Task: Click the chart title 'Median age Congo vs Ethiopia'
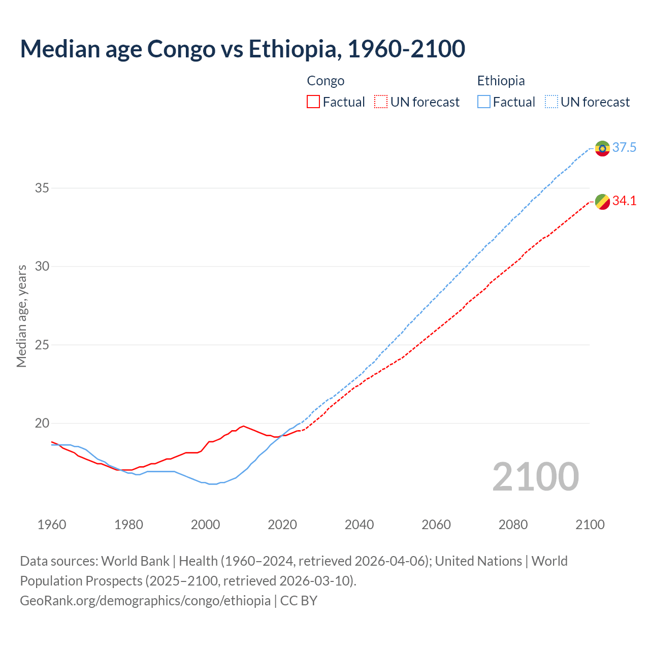[x=242, y=49]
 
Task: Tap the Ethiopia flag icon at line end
[x=602, y=148]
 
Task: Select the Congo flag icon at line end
[x=602, y=202]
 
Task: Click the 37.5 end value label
[x=624, y=148]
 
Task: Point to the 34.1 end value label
[x=624, y=201]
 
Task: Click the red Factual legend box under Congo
[x=313, y=102]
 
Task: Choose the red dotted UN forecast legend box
[x=381, y=102]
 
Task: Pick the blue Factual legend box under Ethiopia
[x=484, y=102]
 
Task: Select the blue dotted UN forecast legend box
[x=551, y=102]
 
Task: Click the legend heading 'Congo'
[x=326, y=81]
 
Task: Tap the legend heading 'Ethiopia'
[x=501, y=81]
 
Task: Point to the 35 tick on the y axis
[x=42, y=188]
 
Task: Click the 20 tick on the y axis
[x=42, y=424]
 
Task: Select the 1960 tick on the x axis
[x=52, y=525]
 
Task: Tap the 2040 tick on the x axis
[x=359, y=525]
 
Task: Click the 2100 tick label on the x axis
[x=590, y=525]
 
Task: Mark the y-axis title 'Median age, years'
[x=21, y=316]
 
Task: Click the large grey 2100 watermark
[x=535, y=477]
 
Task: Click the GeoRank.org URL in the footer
[x=145, y=601]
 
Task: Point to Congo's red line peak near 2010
[x=244, y=426]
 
